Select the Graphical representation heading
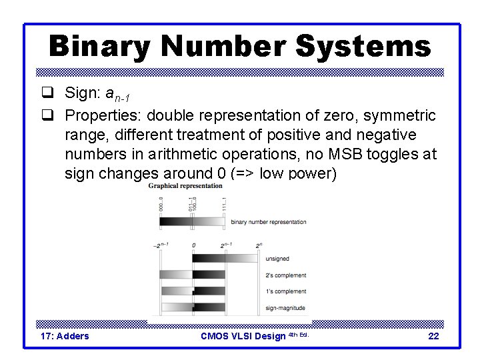[185, 186]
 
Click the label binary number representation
[269, 222]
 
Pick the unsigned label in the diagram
[277, 259]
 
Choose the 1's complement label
[285, 291]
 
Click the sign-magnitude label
[285, 308]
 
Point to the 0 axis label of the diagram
[194, 245]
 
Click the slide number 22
[433, 336]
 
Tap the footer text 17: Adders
[65, 336]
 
